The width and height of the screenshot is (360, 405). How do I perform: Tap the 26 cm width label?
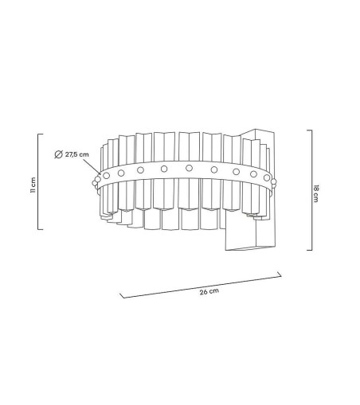pos(208,292)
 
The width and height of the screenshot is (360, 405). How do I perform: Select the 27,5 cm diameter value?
pos(77,154)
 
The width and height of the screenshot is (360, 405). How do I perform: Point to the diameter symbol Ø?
pos(59,154)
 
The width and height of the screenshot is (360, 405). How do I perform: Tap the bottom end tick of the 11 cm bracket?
pos(42,229)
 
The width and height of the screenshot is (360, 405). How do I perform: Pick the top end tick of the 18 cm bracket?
pos(308,130)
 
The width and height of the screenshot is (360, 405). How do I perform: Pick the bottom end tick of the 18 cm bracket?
pos(308,249)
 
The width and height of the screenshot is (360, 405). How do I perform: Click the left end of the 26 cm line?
pos(121,295)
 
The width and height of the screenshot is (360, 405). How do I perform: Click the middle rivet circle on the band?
pos(189,168)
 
